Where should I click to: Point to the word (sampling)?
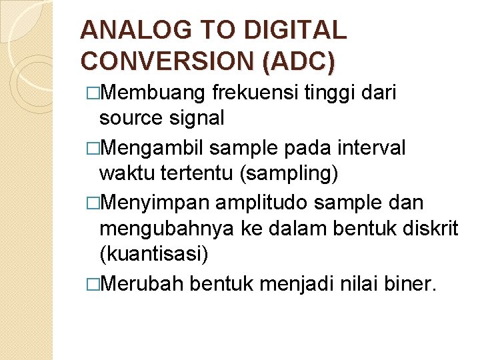click(287, 173)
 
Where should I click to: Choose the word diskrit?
click(430, 229)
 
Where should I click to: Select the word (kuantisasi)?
click(153, 255)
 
